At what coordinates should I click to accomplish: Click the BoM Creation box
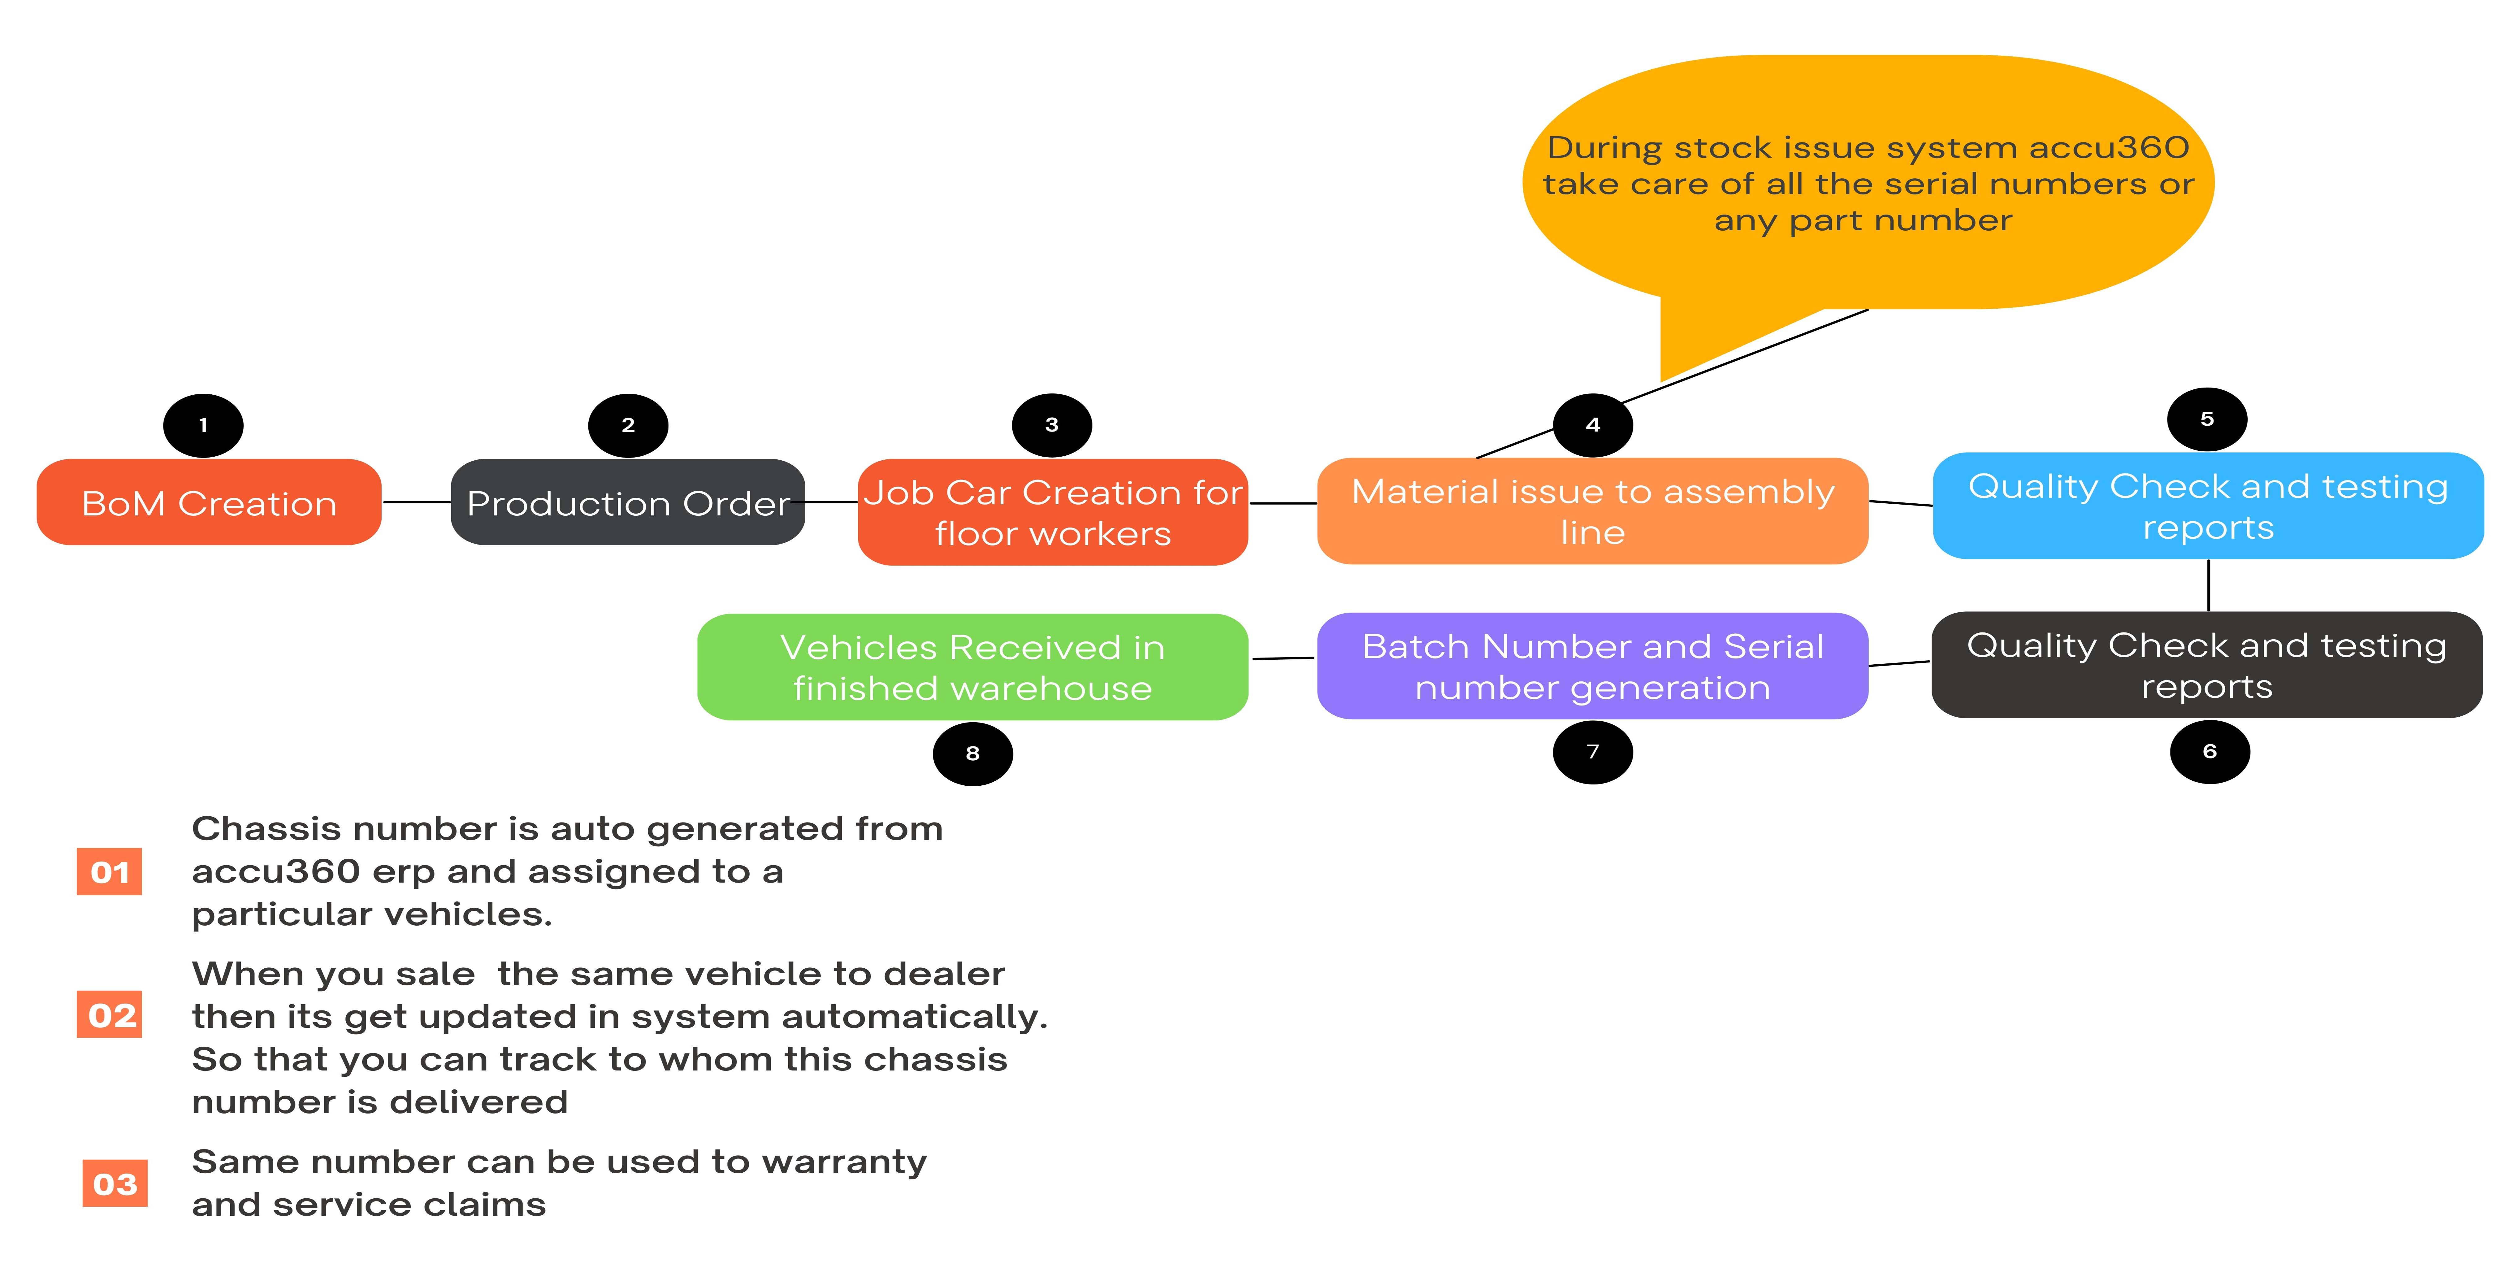(209, 502)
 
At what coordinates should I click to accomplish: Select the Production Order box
(628, 502)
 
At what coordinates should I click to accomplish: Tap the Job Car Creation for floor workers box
(1053, 512)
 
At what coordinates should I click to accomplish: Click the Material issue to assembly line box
(1592, 511)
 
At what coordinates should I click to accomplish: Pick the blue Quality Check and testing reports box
(2208, 506)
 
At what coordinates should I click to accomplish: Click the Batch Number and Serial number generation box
(1592, 666)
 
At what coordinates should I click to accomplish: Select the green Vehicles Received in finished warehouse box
(972, 667)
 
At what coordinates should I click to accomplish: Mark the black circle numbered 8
(972, 754)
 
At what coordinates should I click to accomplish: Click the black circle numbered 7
(1592, 752)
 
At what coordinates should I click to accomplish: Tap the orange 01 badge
(109, 871)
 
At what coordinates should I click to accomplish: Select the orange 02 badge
(109, 1014)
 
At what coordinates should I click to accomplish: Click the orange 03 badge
(115, 1183)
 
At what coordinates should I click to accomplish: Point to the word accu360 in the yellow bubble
(2109, 147)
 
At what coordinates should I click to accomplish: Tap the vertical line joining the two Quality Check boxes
(2208, 585)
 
